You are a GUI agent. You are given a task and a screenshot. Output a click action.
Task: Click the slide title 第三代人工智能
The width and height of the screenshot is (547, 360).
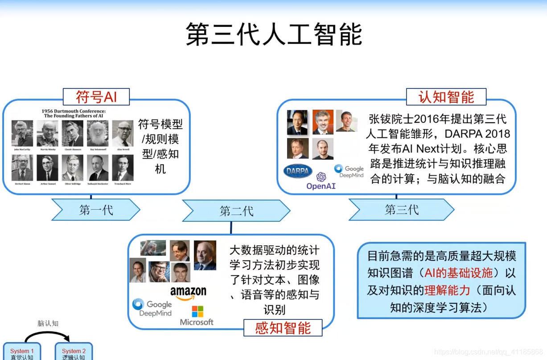click(273, 34)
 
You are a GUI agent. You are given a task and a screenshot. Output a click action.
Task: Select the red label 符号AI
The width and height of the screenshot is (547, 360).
click(96, 96)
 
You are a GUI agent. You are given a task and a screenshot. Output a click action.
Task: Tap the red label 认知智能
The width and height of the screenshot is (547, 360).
click(446, 97)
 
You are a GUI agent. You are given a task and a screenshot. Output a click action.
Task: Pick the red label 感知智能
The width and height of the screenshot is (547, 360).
click(283, 328)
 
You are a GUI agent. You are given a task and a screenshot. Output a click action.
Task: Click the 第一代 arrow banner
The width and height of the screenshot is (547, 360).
click(96, 210)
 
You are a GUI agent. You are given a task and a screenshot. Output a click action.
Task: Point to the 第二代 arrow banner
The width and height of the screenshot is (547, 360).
click(236, 211)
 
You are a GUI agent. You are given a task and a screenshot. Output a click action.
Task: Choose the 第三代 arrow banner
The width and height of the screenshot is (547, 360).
click(401, 210)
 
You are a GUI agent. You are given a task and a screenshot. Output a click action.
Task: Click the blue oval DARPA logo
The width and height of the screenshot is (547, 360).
click(298, 171)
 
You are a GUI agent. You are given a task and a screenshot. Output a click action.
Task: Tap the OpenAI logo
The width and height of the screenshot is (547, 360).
click(321, 181)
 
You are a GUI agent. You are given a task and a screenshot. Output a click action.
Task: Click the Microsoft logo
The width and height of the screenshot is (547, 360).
click(197, 315)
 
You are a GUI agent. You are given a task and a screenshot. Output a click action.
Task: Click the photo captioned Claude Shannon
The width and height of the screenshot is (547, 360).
click(73, 133)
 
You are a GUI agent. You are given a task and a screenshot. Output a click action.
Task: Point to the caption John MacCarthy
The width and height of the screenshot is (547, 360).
click(22, 149)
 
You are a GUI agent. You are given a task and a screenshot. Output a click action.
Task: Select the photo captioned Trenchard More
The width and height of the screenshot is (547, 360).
click(123, 168)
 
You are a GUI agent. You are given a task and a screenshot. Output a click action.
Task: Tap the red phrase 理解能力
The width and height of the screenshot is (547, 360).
click(447, 290)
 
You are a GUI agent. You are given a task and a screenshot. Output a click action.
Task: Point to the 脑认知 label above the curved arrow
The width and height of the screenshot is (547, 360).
click(48, 323)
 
